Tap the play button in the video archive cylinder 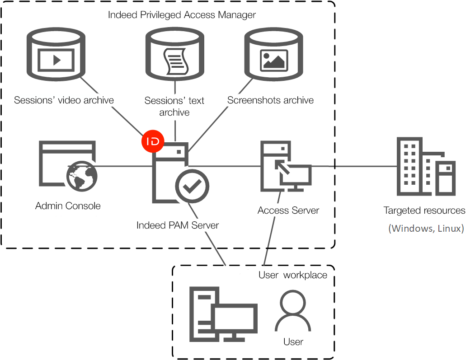pyautogui.click(x=56, y=60)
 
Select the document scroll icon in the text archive pyautogui.click(x=174, y=61)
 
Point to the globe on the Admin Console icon pyautogui.click(x=82, y=178)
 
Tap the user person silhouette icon pyautogui.click(x=293, y=312)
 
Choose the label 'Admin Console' pyautogui.click(x=68, y=206)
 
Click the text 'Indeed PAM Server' pyautogui.click(x=178, y=225)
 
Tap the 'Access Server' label pyautogui.click(x=288, y=210)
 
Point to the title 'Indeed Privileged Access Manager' pyautogui.click(x=182, y=15)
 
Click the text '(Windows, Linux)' pyautogui.click(x=426, y=228)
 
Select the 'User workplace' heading pyautogui.click(x=292, y=275)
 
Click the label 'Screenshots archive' pyautogui.click(x=270, y=100)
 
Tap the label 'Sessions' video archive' pyautogui.click(x=64, y=100)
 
